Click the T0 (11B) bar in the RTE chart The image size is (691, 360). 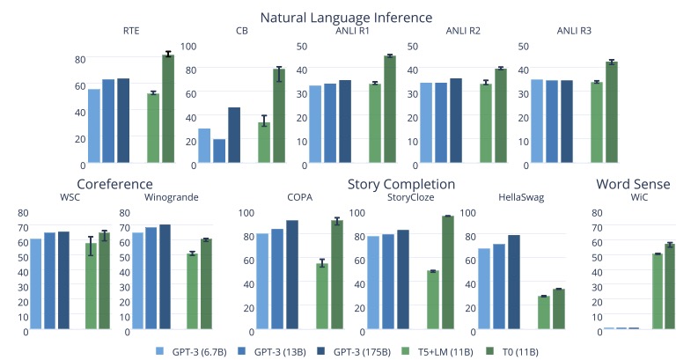[x=168, y=109]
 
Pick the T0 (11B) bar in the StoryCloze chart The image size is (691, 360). [x=447, y=273]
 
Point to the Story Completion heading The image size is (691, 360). [x=401, y=184]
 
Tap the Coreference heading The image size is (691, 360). [x=115, y=184]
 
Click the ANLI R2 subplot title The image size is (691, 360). [x=463, y=32]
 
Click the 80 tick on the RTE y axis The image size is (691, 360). [x=80, y=59]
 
